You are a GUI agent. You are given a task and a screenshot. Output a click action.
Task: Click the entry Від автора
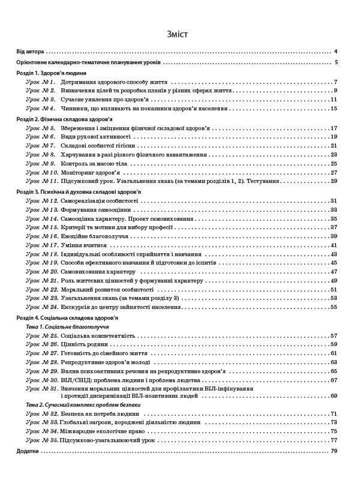click(x=30, y=52)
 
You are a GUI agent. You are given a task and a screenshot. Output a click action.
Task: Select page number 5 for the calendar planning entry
click(x=337, y=62)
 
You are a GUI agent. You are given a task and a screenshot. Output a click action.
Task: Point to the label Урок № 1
click(x=41, y=82)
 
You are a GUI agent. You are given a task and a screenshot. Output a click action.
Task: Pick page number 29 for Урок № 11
click(x=334, y=181)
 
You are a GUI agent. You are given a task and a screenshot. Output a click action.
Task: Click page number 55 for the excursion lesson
click(x=334, y=307)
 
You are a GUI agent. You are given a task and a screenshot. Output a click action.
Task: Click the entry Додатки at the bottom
click(x=28, y=451)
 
